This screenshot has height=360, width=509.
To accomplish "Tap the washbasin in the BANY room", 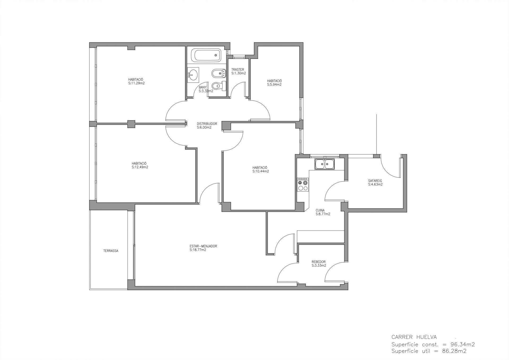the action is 193,74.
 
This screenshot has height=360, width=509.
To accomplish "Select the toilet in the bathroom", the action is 219,86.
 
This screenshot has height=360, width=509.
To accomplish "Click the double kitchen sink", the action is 325,164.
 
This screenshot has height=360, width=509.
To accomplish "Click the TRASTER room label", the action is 238,70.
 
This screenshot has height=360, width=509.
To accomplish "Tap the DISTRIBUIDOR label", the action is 207,124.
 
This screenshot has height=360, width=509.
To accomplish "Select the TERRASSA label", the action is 111,251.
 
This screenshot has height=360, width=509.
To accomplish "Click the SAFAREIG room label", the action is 375,181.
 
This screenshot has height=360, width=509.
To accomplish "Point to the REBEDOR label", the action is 318,262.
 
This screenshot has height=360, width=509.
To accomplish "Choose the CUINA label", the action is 320,210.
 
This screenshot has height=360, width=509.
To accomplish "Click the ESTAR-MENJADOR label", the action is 203,246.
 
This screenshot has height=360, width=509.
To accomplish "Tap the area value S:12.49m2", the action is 140,167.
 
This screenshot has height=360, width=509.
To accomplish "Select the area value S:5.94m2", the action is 274,85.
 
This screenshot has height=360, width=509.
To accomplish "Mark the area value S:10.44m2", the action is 261,171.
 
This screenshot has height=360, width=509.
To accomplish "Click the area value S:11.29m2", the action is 136,83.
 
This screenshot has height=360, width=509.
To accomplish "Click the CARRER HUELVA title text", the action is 414,337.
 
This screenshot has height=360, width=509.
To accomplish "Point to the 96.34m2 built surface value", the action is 463,345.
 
